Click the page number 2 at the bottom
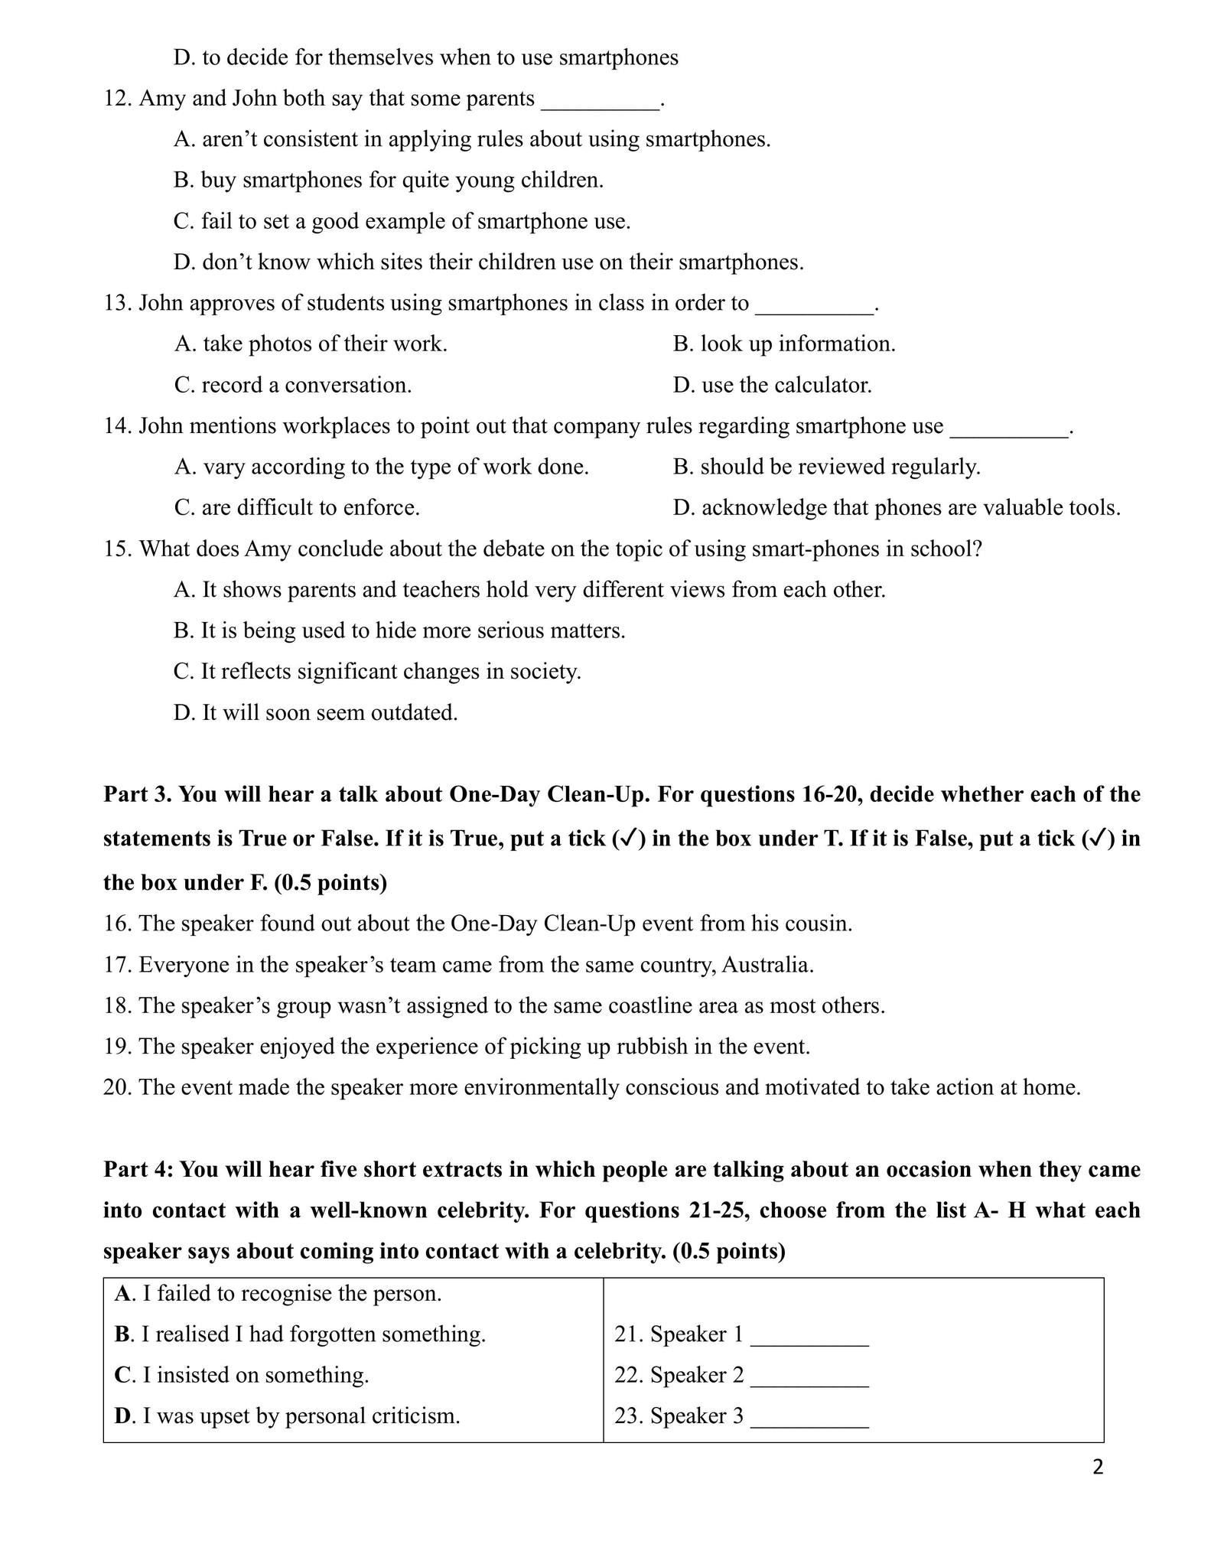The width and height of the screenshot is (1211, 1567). [x=1098, y=1468]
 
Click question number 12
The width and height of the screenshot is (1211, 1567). [x=118, y=99]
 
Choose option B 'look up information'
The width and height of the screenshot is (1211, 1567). [x=784, y=344]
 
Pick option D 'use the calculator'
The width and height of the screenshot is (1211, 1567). [x=772, y=385]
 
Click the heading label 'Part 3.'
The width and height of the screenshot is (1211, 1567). [x=138, y=795]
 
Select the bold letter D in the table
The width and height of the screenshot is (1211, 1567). [x=124, y=1416]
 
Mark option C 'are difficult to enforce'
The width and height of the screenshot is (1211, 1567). [x=297, y=508]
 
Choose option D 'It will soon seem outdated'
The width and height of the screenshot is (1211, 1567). [x=315, y=713]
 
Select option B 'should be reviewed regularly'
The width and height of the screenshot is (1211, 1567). [x=826, y=467]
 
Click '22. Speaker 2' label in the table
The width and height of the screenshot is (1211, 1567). [x=679, y=1376]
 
